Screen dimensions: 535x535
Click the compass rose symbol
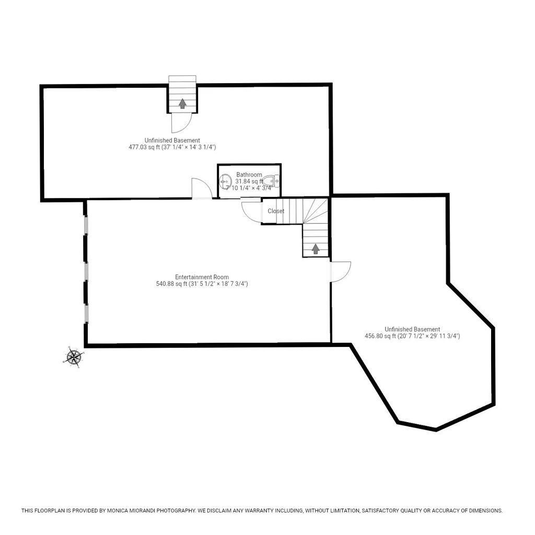[x=73, y=357]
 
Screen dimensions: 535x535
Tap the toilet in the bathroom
[x=272, y=181]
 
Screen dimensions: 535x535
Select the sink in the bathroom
[x=225, y=181]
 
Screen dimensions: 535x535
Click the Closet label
[x=276, y=211]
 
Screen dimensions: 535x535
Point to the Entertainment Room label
[x=202, y=277]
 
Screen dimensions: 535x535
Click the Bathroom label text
[x=249, y=175]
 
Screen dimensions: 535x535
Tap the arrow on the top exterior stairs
[x=182, y=103]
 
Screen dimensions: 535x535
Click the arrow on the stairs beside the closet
[x=316, y=249]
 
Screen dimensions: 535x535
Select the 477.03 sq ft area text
[x=144, y=147]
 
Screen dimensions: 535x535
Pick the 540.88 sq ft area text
[x=171, y=284]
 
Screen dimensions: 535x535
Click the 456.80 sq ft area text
[x=380, y=336]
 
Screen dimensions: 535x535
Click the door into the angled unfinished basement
[x=341, y=272]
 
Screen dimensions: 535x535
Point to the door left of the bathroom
[x=202, y=188]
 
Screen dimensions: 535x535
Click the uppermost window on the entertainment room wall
[x=86, y=225]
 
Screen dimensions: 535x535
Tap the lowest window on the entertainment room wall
[x=86, y=313]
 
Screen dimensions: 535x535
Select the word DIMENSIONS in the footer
[x=485, y=510]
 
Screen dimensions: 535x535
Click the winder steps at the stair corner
[x=315, y=211]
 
